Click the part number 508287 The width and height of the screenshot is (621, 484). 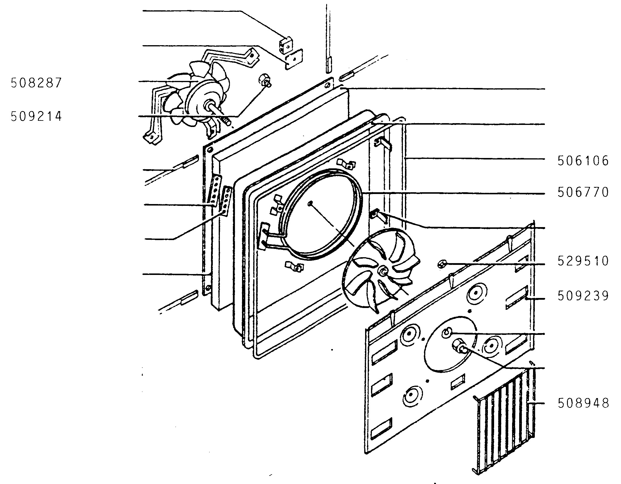tap(36, 83)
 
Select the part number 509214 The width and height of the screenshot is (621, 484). tap(36, 116)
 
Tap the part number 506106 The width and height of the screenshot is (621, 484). tap(583, 161)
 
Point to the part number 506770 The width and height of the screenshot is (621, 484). tap(583, 192)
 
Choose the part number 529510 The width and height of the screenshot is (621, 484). tap(583, 261)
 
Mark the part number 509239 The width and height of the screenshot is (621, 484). tap(583, 296)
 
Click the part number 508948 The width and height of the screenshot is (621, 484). tap(583, 403)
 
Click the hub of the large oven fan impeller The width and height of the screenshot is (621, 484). tap(383, 270)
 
